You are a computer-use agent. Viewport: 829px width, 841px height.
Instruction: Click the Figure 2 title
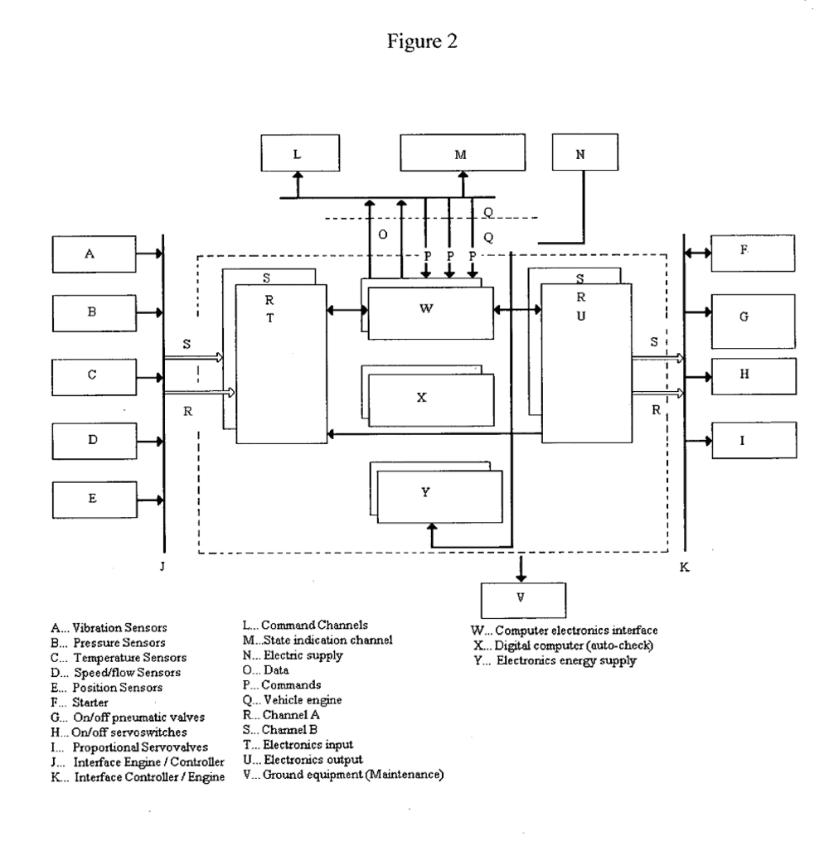point(414,45)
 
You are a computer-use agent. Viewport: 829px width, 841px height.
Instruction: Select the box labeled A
point(89,255)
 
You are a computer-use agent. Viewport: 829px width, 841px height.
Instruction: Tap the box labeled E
point(92,499)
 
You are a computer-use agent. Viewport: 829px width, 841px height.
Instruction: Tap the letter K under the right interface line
point(684,569)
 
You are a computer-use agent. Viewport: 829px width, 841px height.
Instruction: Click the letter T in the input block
point(270,317)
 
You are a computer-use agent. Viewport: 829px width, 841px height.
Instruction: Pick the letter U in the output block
point(582,316)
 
